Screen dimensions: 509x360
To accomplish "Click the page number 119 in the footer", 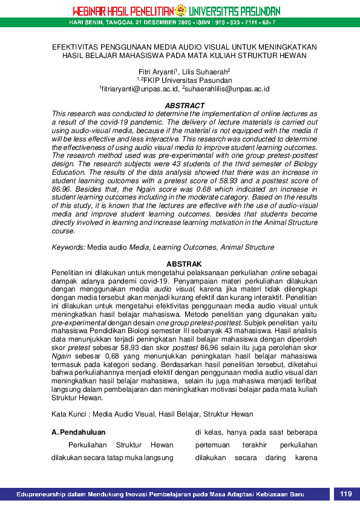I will pos(345,494).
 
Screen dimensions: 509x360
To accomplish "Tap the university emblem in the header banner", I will pos(180,11).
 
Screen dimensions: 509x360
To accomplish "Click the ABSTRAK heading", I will pos(185,264).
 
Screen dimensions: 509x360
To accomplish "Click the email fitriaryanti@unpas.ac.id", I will pos(140,89).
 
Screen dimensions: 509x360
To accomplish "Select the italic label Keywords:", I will pos(68,247).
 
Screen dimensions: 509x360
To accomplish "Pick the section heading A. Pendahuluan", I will pos(79,432).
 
